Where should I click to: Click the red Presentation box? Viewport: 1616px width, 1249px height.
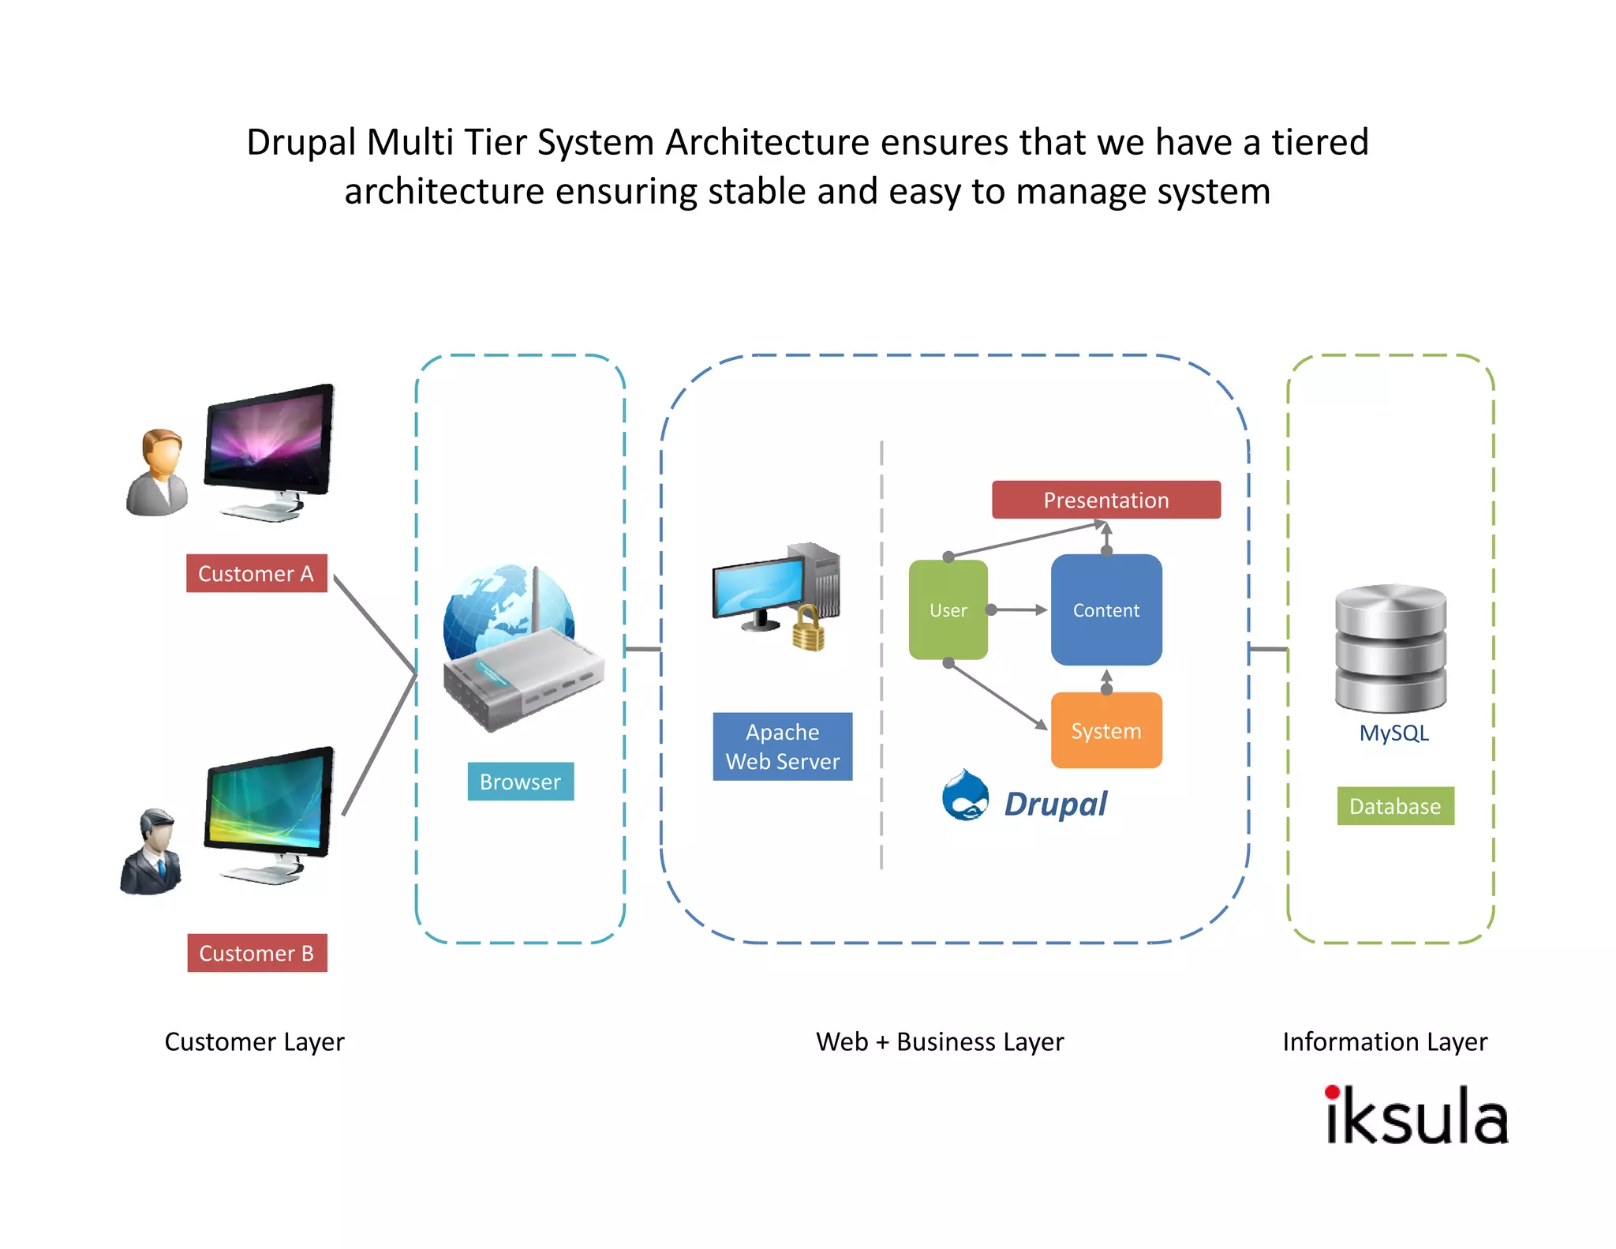(1105, 500)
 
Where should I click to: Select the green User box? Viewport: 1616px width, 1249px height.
(948, 609)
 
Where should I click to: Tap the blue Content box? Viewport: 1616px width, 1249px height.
(1105, 609)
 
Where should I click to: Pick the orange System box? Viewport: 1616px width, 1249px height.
(1105, 730)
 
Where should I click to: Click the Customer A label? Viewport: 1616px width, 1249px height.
(256, 573)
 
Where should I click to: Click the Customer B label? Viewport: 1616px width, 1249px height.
(256, 953)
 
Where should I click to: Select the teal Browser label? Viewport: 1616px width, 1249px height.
(520, 782)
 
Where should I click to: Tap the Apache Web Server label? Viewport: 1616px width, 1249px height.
(782, 746)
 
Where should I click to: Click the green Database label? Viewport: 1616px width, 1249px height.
(1394, 806)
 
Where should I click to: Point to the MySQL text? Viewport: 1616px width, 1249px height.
(1393, 733)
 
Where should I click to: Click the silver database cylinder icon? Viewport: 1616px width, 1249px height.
(1390, 647)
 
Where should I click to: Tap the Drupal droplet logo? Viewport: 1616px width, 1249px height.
(965, 796)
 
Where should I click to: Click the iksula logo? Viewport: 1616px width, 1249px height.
(1416, 1116)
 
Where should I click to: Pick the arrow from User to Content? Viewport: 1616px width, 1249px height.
(1019, 609)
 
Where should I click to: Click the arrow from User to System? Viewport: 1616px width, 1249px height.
(998, 696)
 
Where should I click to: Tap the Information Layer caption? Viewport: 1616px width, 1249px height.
(1384, 1042)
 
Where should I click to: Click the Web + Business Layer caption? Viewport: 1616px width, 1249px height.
(939, 1042)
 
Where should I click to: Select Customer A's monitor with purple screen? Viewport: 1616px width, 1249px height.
(268, 442)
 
